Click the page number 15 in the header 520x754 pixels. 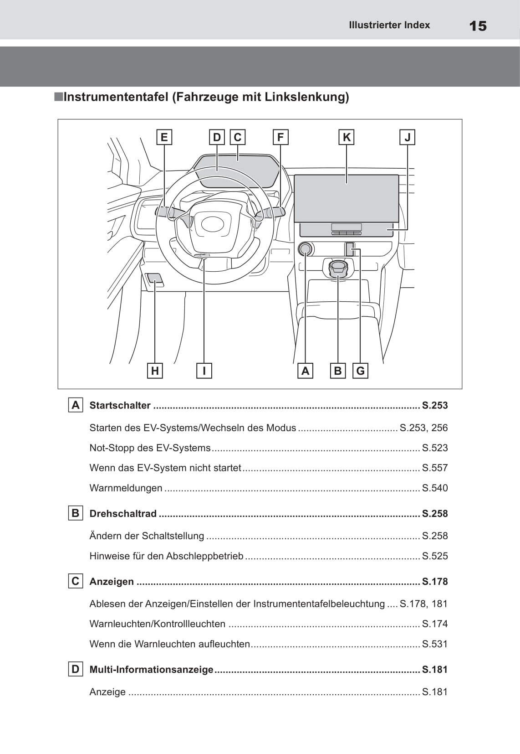(478, 26)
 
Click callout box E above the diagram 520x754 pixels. (164, 137)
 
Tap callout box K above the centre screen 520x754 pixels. (347, 137)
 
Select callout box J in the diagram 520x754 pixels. (408, 137)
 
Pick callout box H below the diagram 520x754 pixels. (155, 371)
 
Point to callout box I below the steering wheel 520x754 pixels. (204, 371)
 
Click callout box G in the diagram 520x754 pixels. (360, 371)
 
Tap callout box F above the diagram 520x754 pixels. (280, 137)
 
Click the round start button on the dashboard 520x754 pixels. (305, 249)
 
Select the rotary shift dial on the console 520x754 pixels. (338, 268)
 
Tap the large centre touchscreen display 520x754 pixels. (346, 198)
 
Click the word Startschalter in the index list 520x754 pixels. (120, 405)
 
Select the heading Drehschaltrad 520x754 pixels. (123, 513)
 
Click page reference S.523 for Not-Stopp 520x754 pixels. (435, 448)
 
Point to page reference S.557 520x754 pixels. (435, 468)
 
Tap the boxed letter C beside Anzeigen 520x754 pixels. (75, 581)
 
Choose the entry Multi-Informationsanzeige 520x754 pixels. (151, 669)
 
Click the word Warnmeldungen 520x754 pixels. (126, 488)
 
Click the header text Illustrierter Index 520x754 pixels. (389, 25)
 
